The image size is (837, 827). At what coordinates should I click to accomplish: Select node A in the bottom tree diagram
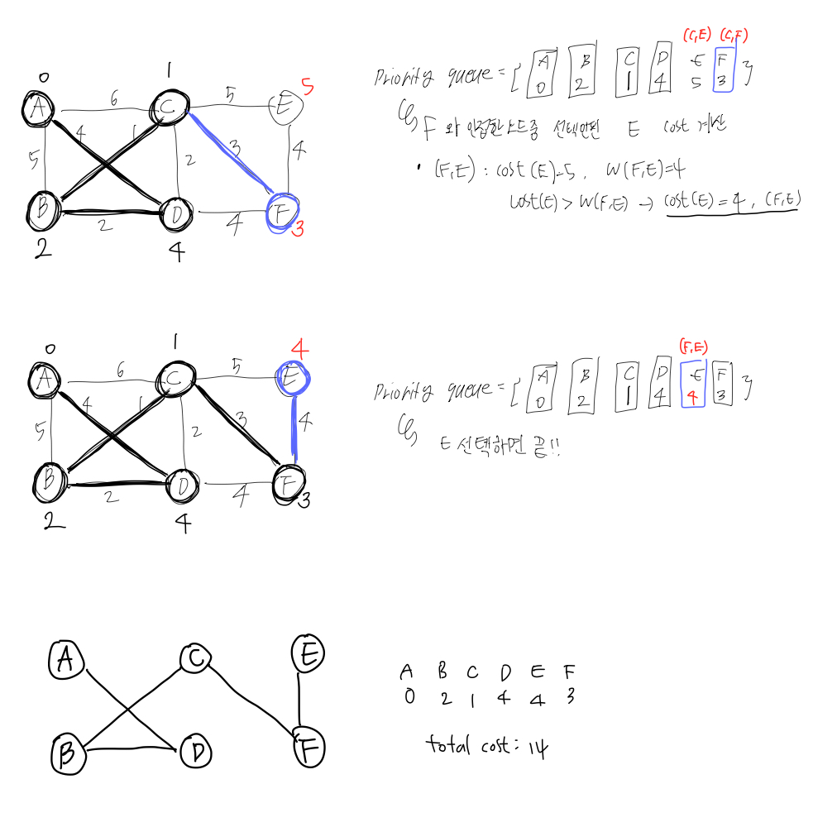point(67,659)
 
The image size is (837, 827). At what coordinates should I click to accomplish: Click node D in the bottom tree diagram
point(196,752)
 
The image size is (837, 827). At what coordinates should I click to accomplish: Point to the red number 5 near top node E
point(307,85)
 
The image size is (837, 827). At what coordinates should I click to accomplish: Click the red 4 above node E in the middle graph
point(300,349)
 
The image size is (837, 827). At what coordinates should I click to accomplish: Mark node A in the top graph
point(39,109)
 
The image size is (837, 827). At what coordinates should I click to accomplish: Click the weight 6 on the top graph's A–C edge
point(114,99)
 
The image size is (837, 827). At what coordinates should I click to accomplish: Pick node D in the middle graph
point(181,485)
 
